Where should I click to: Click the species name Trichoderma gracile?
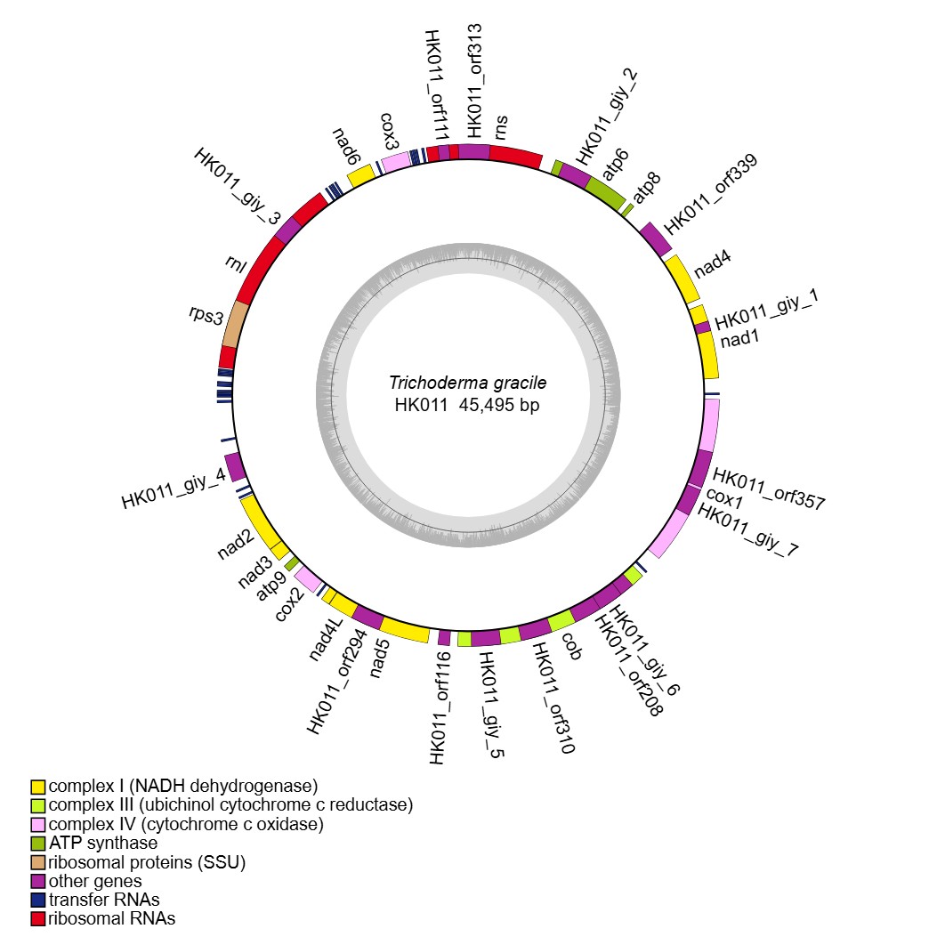[467, 384]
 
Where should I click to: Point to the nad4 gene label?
[713, 264]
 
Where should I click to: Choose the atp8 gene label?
[647, 190]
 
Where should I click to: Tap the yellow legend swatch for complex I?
[37, 787]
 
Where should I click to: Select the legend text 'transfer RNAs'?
[104, 900]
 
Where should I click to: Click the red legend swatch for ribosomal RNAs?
[37, 918]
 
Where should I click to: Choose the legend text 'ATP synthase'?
[103, 843]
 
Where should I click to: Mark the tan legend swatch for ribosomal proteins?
[37, 862]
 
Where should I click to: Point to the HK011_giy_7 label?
[748, 529]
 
